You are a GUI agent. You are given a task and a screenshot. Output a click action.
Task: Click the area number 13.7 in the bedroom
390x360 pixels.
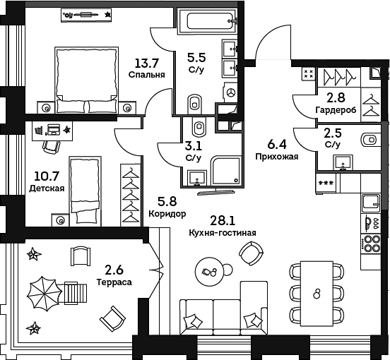(146, 63)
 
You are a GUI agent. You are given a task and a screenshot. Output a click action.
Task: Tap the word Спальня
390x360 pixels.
(147, 75)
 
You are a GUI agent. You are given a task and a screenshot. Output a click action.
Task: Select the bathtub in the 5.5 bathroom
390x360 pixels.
(207, 21)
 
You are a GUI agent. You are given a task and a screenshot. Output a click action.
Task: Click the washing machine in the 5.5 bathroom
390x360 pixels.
(231, 92)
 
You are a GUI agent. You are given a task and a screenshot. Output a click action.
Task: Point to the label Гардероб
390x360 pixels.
(336, 110)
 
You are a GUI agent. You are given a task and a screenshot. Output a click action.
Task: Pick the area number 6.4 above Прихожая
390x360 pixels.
(277, 145)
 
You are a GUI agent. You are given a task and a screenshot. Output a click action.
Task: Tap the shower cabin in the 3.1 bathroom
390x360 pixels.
(226, 170)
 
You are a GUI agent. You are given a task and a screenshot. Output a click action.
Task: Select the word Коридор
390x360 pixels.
(167, 213)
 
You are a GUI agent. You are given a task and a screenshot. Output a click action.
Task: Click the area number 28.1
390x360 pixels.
(223, 220)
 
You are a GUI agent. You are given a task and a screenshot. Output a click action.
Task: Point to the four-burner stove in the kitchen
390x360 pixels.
(371, 244)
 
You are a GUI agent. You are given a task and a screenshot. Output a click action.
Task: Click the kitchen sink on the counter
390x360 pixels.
(371, 203)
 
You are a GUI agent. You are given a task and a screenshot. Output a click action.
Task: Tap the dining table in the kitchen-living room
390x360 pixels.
(317, 294)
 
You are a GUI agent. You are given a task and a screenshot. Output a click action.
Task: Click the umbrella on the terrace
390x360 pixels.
(45, 294)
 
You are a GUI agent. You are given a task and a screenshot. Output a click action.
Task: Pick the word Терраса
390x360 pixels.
(114, 282)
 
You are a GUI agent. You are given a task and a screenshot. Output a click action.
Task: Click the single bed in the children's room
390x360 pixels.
(85, 191)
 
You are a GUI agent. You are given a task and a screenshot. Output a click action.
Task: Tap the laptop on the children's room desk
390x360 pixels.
(53, 129)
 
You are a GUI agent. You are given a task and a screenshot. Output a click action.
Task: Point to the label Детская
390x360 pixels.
(47, 188)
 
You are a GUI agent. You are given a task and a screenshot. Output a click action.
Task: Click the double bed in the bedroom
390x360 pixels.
(86, 80)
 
